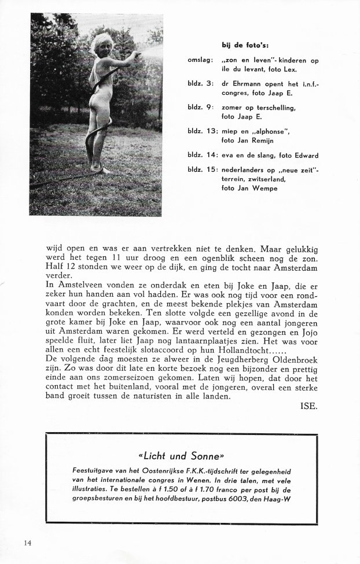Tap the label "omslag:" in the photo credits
(x=200, y=60)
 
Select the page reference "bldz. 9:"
(x=201, y=107)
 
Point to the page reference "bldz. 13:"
(x=203, y=131)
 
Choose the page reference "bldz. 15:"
(x=203, y=170)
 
